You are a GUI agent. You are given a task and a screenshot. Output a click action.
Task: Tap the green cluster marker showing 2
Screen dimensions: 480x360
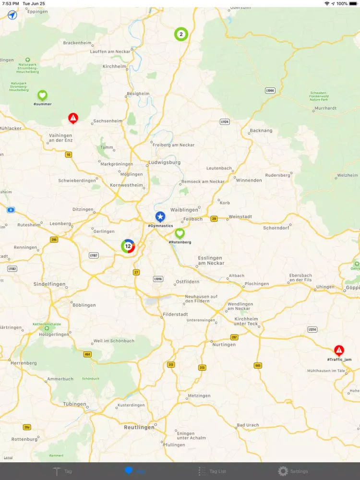click(x=181, y=34)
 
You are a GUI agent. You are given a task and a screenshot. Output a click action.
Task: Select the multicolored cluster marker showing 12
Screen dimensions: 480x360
click(x=128, y=246)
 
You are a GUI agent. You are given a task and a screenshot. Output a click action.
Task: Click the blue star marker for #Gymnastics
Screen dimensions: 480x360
click(x=160, y=216)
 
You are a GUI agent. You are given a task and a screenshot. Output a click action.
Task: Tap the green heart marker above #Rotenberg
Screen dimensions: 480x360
click(x=180, y=233)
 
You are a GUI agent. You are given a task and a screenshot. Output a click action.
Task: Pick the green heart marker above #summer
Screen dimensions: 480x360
click(x=42, y=95)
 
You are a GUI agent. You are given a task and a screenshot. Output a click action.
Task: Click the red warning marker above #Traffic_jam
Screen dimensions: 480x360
click(x=339, y=350)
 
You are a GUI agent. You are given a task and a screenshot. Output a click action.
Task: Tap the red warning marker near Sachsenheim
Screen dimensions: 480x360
click(x=73, y=118)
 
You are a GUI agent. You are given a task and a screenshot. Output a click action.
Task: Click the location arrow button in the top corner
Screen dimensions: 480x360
click(x=12, y=15)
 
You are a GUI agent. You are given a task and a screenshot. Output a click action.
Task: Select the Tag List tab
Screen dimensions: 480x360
click(x=212, y=471)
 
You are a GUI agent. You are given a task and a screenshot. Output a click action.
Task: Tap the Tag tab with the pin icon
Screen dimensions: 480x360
click(x=62, y=471)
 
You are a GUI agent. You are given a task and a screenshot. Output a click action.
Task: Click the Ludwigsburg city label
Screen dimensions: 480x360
click(x=164, y=163)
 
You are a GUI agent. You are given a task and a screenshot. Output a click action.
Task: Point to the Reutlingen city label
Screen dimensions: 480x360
click(x=139, y=427)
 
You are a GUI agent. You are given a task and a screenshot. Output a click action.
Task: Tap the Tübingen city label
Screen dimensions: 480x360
click(x=74, y=404)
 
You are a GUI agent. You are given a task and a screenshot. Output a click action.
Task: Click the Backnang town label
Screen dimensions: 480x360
click(x=261, y=131)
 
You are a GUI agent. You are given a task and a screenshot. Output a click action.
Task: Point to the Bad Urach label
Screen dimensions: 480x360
click(x=248, y=425)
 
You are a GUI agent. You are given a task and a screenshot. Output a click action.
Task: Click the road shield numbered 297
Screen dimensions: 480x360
click(x=234, y=337)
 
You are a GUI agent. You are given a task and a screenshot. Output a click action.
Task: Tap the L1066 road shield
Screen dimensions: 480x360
click(x=270, y=90)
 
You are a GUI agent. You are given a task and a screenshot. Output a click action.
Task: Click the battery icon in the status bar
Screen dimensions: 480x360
click(x=353, y=3)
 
